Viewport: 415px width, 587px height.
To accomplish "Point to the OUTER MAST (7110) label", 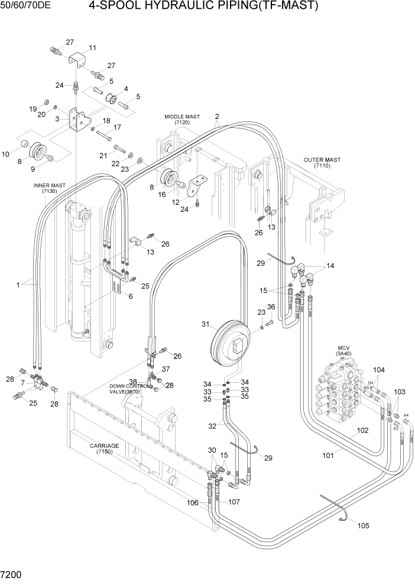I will (x=322, y=163).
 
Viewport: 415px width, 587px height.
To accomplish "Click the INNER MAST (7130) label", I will (x=49, y=188).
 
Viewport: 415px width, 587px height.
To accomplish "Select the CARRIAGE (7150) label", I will (x=105, y=449).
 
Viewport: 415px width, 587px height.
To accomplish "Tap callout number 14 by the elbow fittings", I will (x=330, y=266).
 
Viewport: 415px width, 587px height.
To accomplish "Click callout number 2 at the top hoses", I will (x=217, y=116).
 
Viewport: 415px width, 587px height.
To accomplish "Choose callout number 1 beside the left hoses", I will (x=19, y=285).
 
